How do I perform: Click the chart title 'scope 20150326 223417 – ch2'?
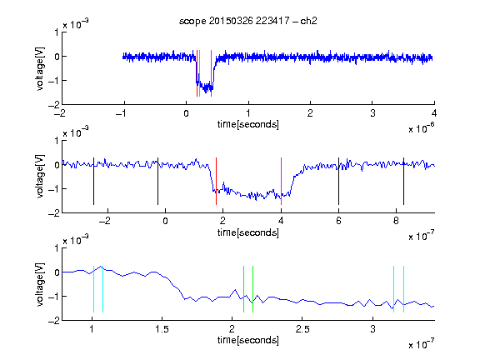point(248,21)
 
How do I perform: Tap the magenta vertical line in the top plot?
point(211,73)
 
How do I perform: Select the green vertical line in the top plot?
point(200,73)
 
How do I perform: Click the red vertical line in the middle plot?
point(216,181)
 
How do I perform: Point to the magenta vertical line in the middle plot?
point(281,181)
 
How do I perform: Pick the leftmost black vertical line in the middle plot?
point(93,181)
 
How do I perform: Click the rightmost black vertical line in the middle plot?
point(403,181)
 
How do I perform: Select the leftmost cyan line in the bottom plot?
point(93,289)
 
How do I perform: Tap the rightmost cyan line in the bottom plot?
point(403,289)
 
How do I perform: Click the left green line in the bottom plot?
point(243,289)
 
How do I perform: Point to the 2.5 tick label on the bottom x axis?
point(302,329)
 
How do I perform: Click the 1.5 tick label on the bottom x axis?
point(162,329)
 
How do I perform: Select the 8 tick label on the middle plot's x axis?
point(396,221)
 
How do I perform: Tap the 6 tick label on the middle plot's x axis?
point(338,221)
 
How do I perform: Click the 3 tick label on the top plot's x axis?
point(372,113)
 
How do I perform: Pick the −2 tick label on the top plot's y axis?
point(54,105)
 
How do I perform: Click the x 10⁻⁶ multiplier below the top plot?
point(422,128)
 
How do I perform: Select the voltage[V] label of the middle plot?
point(40,177)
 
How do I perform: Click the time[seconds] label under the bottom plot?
point(248,340)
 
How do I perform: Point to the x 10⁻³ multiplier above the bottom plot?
point(76,240)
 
